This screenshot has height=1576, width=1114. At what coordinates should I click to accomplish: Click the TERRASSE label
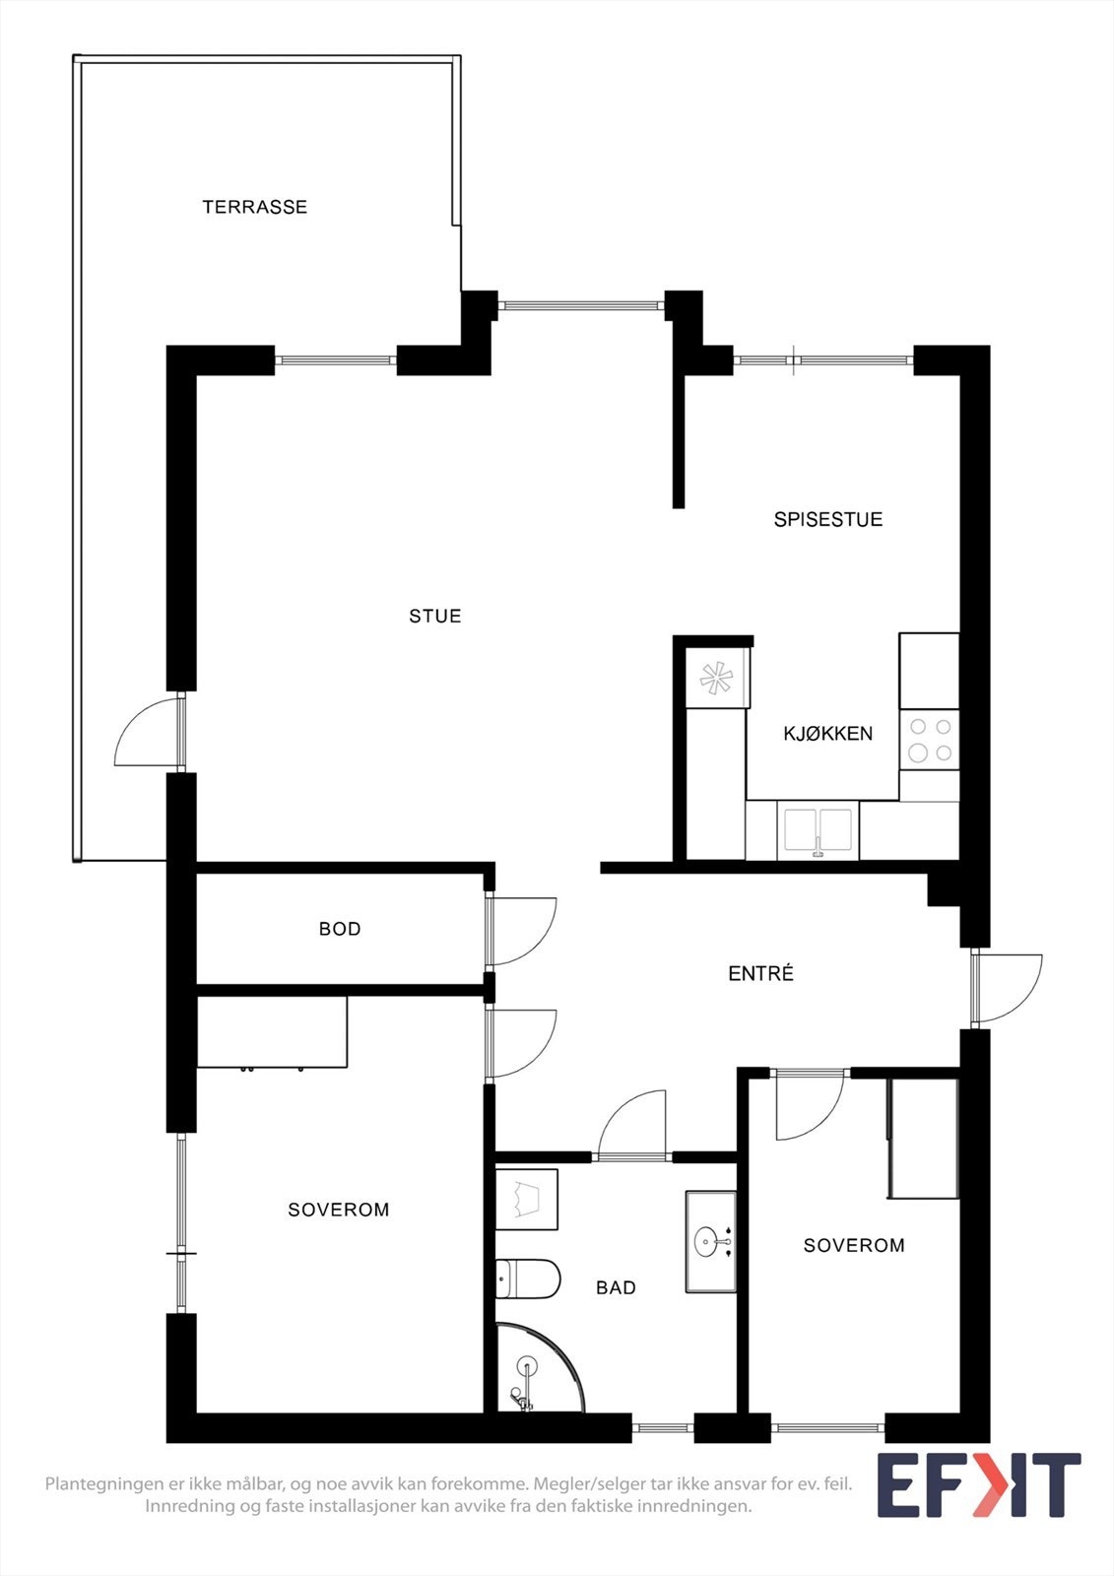point(254,207)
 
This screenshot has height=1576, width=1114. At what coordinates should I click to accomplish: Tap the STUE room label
point(434,617)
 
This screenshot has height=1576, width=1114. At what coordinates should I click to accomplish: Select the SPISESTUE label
point(827,519)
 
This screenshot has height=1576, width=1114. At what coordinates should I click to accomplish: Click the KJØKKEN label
point(827,734)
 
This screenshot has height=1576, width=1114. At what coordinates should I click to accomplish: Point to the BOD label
point(340,929)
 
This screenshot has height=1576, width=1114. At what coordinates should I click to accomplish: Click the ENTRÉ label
point(760,973)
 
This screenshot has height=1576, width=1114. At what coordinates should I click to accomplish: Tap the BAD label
point(616,1287)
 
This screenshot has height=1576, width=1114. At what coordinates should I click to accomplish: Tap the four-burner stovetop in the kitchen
point(929,740)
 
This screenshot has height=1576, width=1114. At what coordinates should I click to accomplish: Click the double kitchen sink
point(818,830)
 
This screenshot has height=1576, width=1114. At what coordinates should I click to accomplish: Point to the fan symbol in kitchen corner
point(716,678)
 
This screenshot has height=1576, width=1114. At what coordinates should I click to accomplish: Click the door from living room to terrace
point(148,734)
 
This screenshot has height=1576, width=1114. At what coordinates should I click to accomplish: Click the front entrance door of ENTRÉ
point(1005,988)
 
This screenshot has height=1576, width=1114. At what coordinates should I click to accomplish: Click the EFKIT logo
point(978,1485)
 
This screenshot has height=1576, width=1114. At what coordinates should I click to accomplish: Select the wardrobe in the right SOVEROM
point(923,1139)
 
